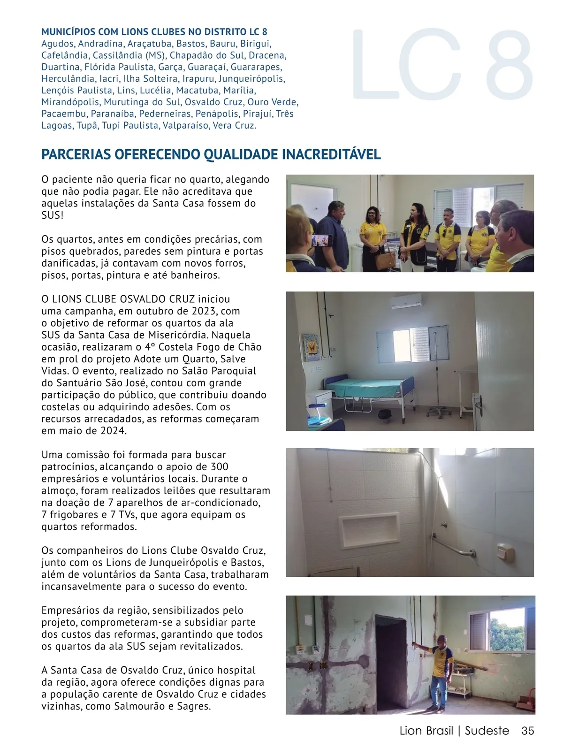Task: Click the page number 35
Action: click(x=527, y=731)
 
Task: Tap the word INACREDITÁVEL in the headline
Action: click(x=332, y=154)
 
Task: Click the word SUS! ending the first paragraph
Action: click(x=52, y=215)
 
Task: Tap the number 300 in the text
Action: click(x=219, y=467)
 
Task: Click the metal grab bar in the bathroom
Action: click(x=453, y=547)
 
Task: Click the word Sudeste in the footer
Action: click(x=487, y=731)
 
